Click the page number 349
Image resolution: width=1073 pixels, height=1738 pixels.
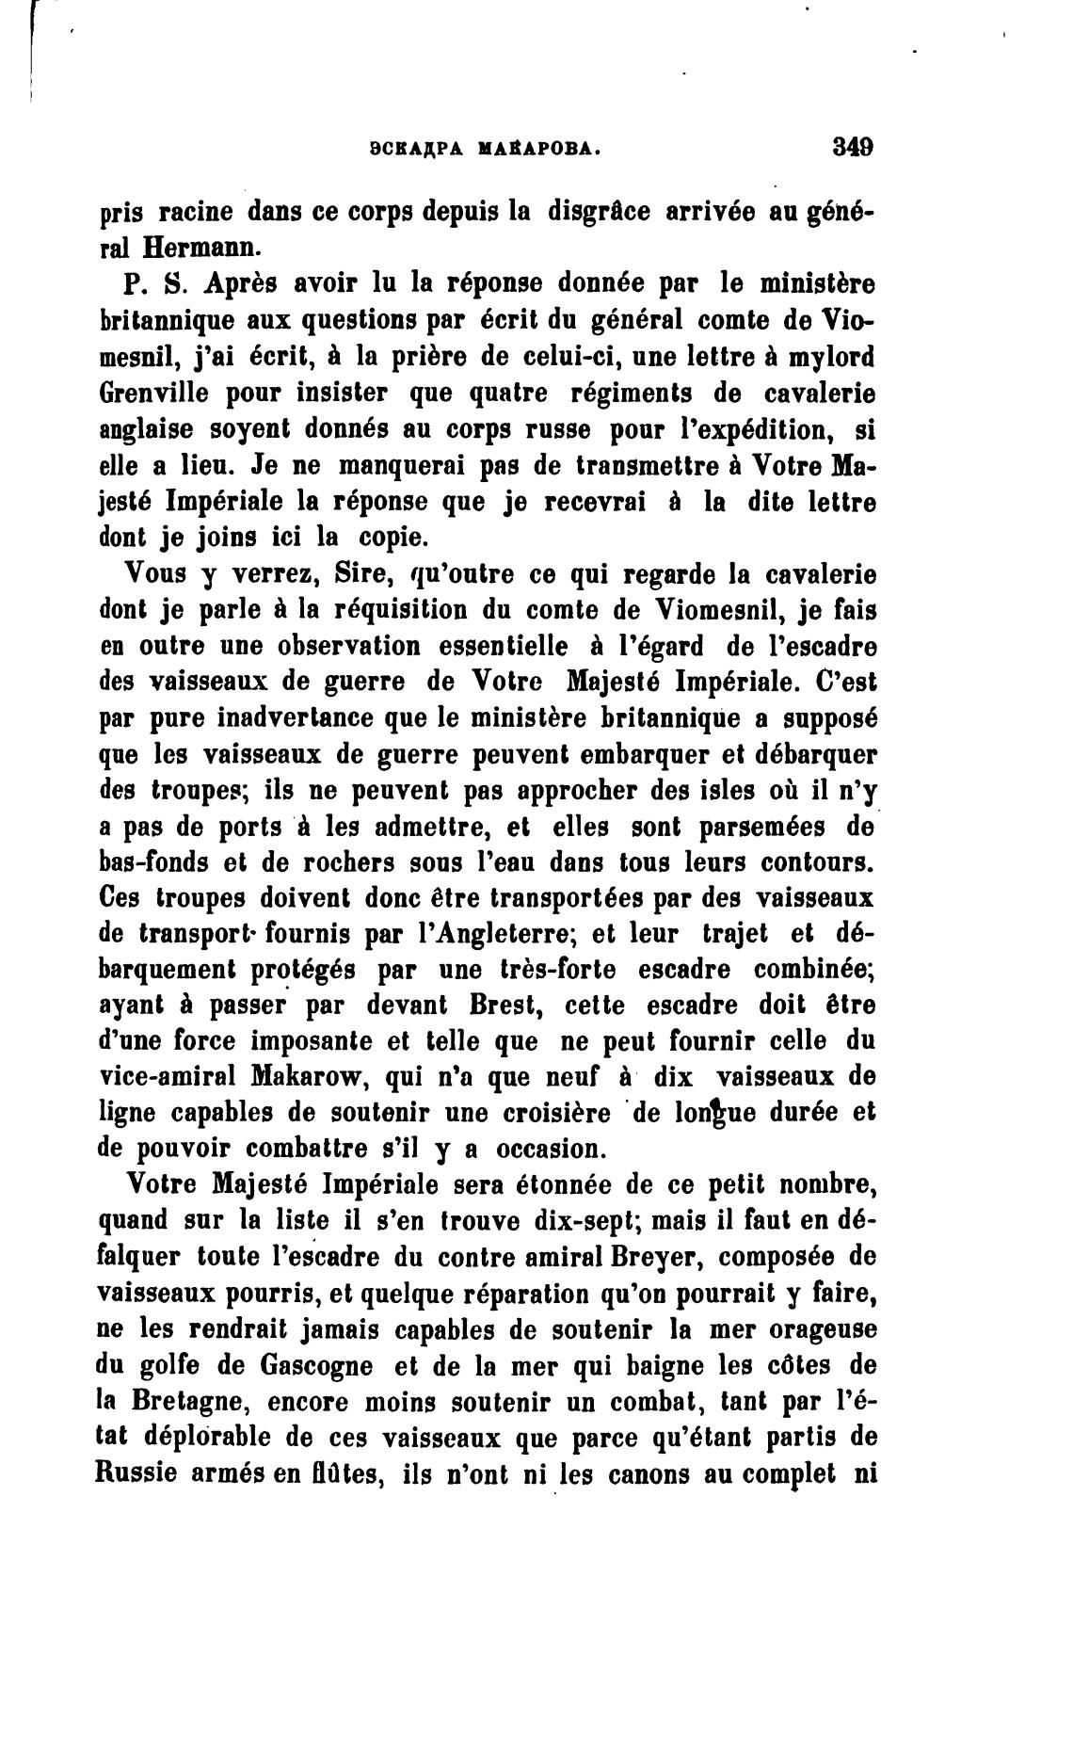(x=853, y=147)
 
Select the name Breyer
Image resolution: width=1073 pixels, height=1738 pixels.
(x=658, y=1257)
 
